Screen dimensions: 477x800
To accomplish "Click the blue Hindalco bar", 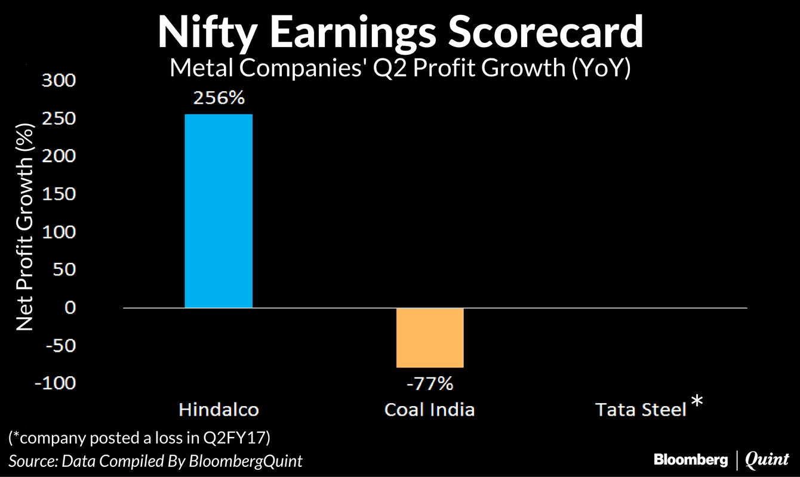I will click(219, 210).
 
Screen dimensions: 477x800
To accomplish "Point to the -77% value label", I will click(429, 383).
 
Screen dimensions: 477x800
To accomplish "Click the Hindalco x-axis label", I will click(219, 410).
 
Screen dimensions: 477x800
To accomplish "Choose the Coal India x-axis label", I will click(429, 410).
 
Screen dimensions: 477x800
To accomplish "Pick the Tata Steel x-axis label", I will click(640, 410).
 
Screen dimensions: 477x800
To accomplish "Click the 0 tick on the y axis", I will click(70, 308).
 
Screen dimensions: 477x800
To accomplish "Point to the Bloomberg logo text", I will click(691, 460).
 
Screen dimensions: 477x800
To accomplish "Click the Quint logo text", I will click(767, 460).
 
